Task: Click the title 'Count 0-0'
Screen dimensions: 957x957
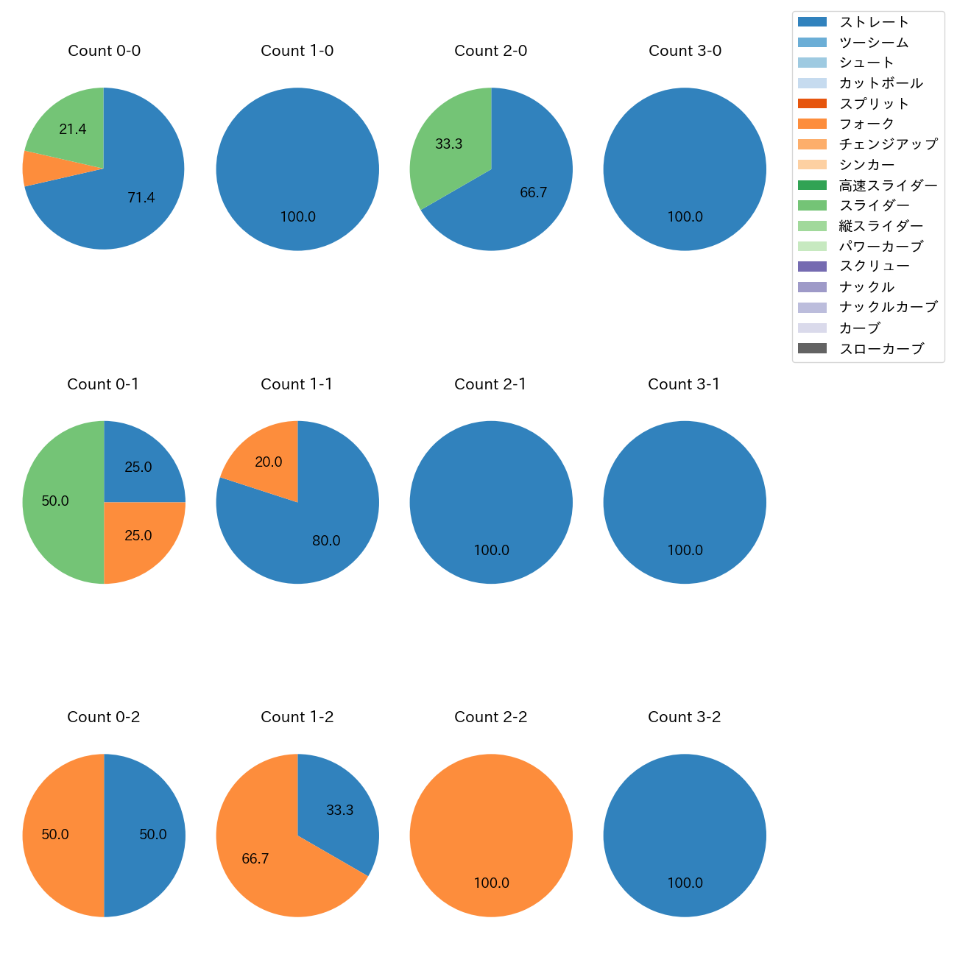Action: click(x=104, y=51)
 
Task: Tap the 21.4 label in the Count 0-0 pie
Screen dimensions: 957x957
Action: click(x=73, y=130)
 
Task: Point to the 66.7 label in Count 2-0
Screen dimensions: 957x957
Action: click(x=534, y=193)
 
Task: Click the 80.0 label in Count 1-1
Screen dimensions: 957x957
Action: click(x=326, y=541)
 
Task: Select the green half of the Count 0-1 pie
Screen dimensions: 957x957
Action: click(x=59, y=502)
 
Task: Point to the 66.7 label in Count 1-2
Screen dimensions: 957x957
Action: click(x=255, y=859)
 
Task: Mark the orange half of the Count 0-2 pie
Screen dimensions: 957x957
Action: click(x=59, y=835)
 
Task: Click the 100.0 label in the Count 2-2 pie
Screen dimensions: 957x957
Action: click(x=491, y=883)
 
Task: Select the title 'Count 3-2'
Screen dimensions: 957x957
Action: click(x=684, y=717)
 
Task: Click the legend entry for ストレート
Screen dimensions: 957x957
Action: click(x=873, y=22)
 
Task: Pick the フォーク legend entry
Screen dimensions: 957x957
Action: click(x=866, y=124)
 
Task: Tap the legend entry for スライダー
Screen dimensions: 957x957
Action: click(x=874, y=205)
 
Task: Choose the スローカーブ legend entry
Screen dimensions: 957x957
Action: click(x=880, y=349)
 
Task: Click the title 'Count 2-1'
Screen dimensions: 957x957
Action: click(x=490, y=384)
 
